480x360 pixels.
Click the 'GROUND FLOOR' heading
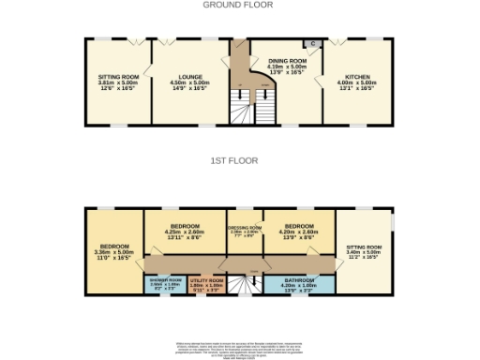[x=239, y=5]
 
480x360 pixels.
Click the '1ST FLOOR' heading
[x=239, y=160]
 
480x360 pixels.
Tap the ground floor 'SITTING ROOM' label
[x=118, y=76]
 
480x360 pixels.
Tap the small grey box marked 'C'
[x=313, y=44]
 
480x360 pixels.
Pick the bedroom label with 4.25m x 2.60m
[x=184, y=226]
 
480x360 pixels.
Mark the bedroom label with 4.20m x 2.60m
[x=298, y=226]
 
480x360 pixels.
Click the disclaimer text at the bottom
[x=239, y=348]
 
